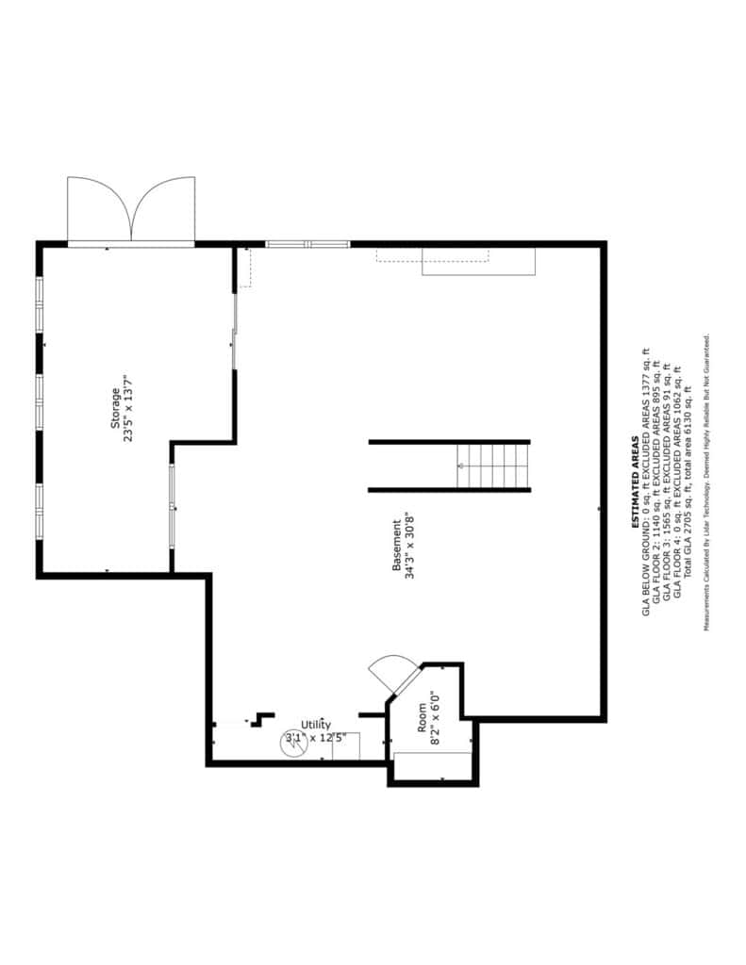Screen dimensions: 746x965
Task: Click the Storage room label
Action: [x=114, y=408]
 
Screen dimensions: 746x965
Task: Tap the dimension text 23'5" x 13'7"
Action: [x=129, y=408]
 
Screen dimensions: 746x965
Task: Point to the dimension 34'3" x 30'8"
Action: [x=410, y=546]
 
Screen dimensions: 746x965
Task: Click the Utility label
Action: [x=316, y=725]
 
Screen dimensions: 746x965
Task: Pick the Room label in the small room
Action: [x=422, y=717]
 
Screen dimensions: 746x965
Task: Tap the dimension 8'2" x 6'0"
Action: [x=436, y=717]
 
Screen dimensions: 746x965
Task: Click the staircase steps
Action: [x=493, y=466]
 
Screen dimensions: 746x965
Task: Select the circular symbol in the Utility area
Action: [x=294, y=744]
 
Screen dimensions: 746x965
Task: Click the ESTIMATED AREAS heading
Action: [x=635, y=482]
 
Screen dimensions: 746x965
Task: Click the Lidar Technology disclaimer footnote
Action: [x=708, y=482]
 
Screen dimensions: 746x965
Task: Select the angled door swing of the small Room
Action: [x=391, y=672]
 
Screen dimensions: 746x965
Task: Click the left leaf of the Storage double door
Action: [x=99, y=209]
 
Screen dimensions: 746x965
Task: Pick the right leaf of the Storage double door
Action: [x=163, y=209]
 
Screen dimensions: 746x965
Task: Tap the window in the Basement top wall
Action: [x=308, y=244]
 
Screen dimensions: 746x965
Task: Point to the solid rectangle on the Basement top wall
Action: [x=479, y=262]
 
